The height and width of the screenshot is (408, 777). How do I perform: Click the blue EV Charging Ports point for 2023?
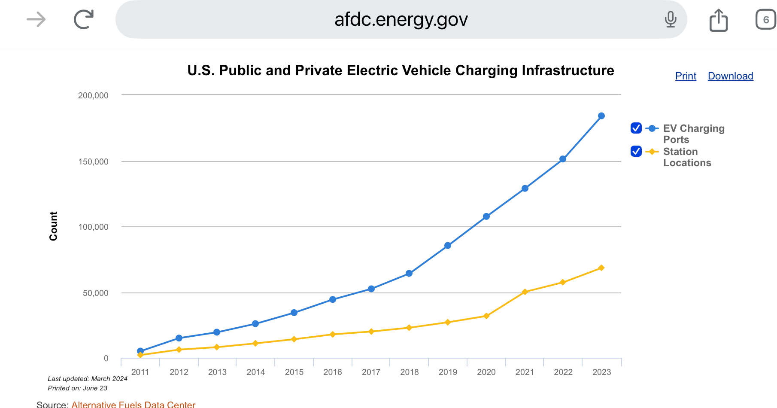[x=601, y=116]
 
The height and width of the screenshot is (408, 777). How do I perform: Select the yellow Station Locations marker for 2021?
[x=525, y=292]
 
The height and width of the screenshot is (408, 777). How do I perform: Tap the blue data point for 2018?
[x=409, y=274]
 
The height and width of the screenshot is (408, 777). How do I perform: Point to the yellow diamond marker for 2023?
[x=601, y=268]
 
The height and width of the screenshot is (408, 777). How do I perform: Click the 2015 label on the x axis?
[x=294, y=372]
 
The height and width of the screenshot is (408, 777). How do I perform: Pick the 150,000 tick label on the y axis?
[x=93, y=161]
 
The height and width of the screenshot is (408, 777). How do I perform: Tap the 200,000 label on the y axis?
[x=93, y=95]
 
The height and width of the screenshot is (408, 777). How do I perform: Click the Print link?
[x=686, y=76]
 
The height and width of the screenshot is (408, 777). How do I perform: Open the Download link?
[x=730, y=76]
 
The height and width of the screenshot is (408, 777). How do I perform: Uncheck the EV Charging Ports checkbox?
[x=636, y=128]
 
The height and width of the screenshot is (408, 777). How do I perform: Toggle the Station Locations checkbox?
[x=636, y=151]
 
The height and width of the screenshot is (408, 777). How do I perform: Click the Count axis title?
[x=53, y=226]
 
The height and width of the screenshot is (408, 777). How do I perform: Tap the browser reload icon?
[x=84, y=19]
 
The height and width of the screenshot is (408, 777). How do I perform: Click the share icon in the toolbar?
[x=718, y=20]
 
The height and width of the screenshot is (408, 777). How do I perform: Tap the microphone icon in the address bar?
[x=670, y=19]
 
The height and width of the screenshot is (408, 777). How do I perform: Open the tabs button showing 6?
[x=765, y=20]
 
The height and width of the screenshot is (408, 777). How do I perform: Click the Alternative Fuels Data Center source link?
[x=133, y=404]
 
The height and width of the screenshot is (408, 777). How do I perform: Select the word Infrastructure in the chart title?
[x=568, y=70]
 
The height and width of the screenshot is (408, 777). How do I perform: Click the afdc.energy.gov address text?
[x=401, y=19]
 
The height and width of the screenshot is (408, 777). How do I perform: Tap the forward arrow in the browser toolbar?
[x=36, y=19]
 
